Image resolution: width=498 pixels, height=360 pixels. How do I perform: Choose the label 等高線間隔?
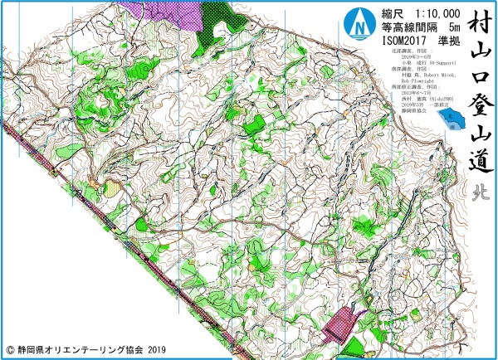coord(402,28)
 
